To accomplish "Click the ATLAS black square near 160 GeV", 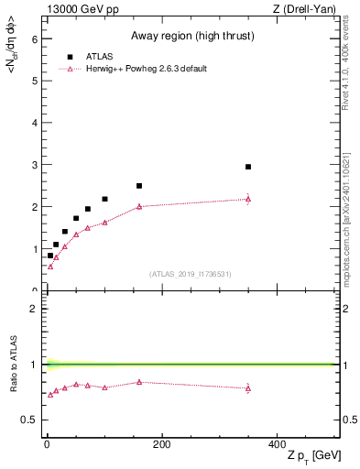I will pyautogui.click(x=139, y=186).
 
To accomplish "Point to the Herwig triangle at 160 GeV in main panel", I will pyautogui.click(x=139, y=206).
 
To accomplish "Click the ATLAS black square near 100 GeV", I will pyautogui.click(x=104, y=199).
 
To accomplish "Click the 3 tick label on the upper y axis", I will pyautogui.click(x=34, y=165).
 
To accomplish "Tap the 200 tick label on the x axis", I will pyautogui.click(x=161, y=444).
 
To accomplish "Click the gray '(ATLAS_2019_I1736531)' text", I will pyautogui.click(x=191, y=274).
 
